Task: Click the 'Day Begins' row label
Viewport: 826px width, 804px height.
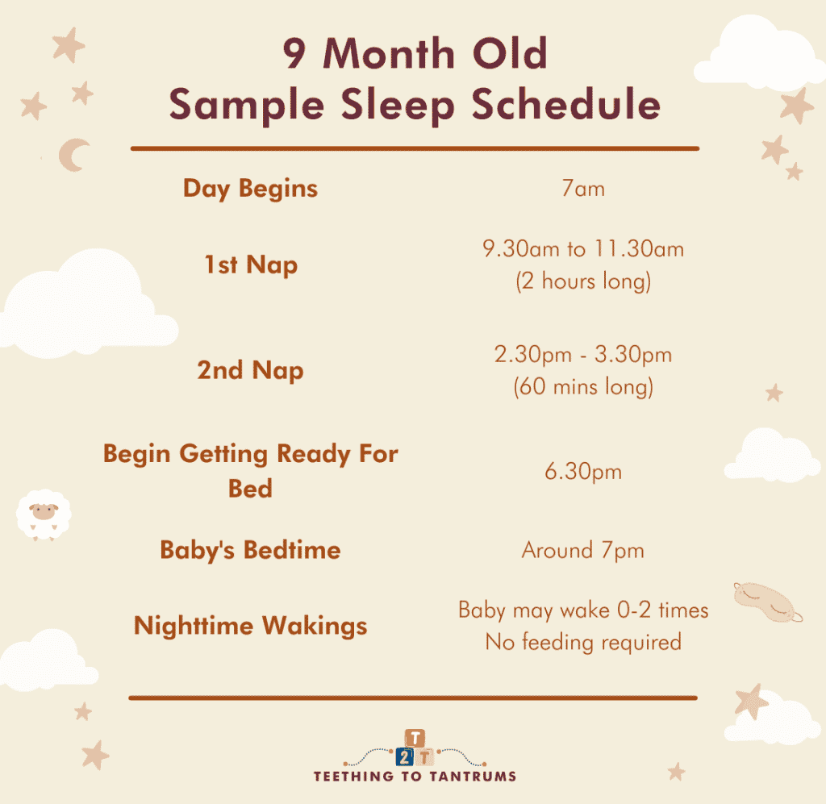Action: (250, 189)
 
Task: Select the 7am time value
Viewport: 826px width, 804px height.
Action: (582, 190)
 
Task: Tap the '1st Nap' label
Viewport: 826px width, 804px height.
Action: (250, 265)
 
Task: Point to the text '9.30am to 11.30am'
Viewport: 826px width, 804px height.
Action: (582, 249)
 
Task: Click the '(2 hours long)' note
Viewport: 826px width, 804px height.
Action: (582, 282)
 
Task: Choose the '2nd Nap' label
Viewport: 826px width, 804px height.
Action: (250, 370)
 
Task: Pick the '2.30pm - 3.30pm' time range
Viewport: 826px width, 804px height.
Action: (582, 354)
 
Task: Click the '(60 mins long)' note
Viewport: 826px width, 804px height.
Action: (582, 387)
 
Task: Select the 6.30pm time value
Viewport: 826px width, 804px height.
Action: (582, 472)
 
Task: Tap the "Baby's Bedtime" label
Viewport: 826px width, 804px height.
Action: (250, 550)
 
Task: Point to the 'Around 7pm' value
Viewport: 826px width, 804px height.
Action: (582, 551)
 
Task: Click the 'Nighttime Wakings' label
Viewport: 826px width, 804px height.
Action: (250, 626)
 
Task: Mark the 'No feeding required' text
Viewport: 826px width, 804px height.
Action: (582, 643)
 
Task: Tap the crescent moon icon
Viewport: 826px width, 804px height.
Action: (74, 155)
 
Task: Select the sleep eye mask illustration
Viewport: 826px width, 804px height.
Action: (767, 601)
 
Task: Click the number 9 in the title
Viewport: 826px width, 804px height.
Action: (295, 54)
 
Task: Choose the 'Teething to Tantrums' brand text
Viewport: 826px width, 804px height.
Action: (415, 777)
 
